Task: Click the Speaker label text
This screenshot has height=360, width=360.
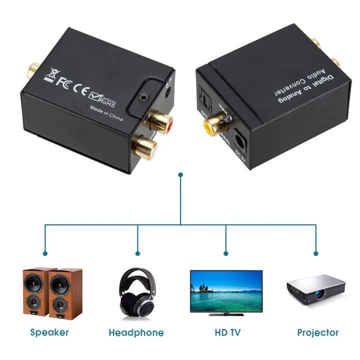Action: [x=49, y=332]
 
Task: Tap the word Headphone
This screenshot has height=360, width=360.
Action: [x=136, y=332]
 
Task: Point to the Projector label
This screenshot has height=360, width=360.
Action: [x=317, y=332]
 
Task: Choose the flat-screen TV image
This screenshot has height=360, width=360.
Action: [x=226, y=292]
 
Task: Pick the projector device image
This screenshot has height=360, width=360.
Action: [x=316, y=289]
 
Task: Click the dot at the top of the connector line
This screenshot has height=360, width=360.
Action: [x=180, y=175]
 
